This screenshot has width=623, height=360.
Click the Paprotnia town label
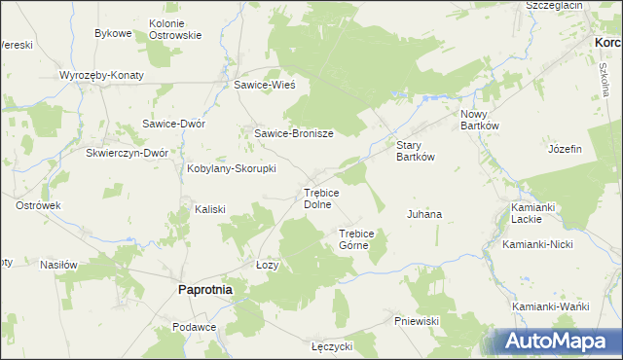pos(204,289)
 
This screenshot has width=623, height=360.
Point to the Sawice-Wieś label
pos(264,85)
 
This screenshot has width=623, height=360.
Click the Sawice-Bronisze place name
pos(294,134)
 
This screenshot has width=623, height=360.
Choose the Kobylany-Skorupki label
pos(232,168)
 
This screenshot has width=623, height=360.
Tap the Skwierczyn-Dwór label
pos(128,153)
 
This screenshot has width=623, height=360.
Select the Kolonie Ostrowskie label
pos(175,29)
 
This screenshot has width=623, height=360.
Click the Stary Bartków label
pos(415,151)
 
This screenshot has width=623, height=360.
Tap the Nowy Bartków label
pos(480,119)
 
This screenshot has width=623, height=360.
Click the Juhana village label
pos(424,213)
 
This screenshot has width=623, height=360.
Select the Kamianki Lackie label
pos(531,213)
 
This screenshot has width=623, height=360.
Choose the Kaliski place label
pos(210,209)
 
